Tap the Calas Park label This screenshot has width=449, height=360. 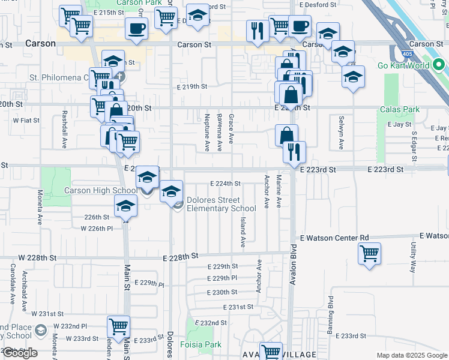pyautogui.click(x=399, y=109)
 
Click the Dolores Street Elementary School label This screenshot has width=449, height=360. pyautogui.click(x=212, y=204)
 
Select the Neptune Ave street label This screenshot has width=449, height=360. pyautogui.click(x=206, y=132)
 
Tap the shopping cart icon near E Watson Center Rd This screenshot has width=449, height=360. pyautogui.click(x=369, y=253)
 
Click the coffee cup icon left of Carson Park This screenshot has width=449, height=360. pyautogui.click(x=136, y=28)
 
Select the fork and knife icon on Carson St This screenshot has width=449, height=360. pyautogui.click(x=258, y=32)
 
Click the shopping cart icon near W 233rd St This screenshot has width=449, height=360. pyautogui.click(x=118, y=327)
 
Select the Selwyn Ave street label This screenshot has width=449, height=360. pyautogui.click(x=340, y=133)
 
